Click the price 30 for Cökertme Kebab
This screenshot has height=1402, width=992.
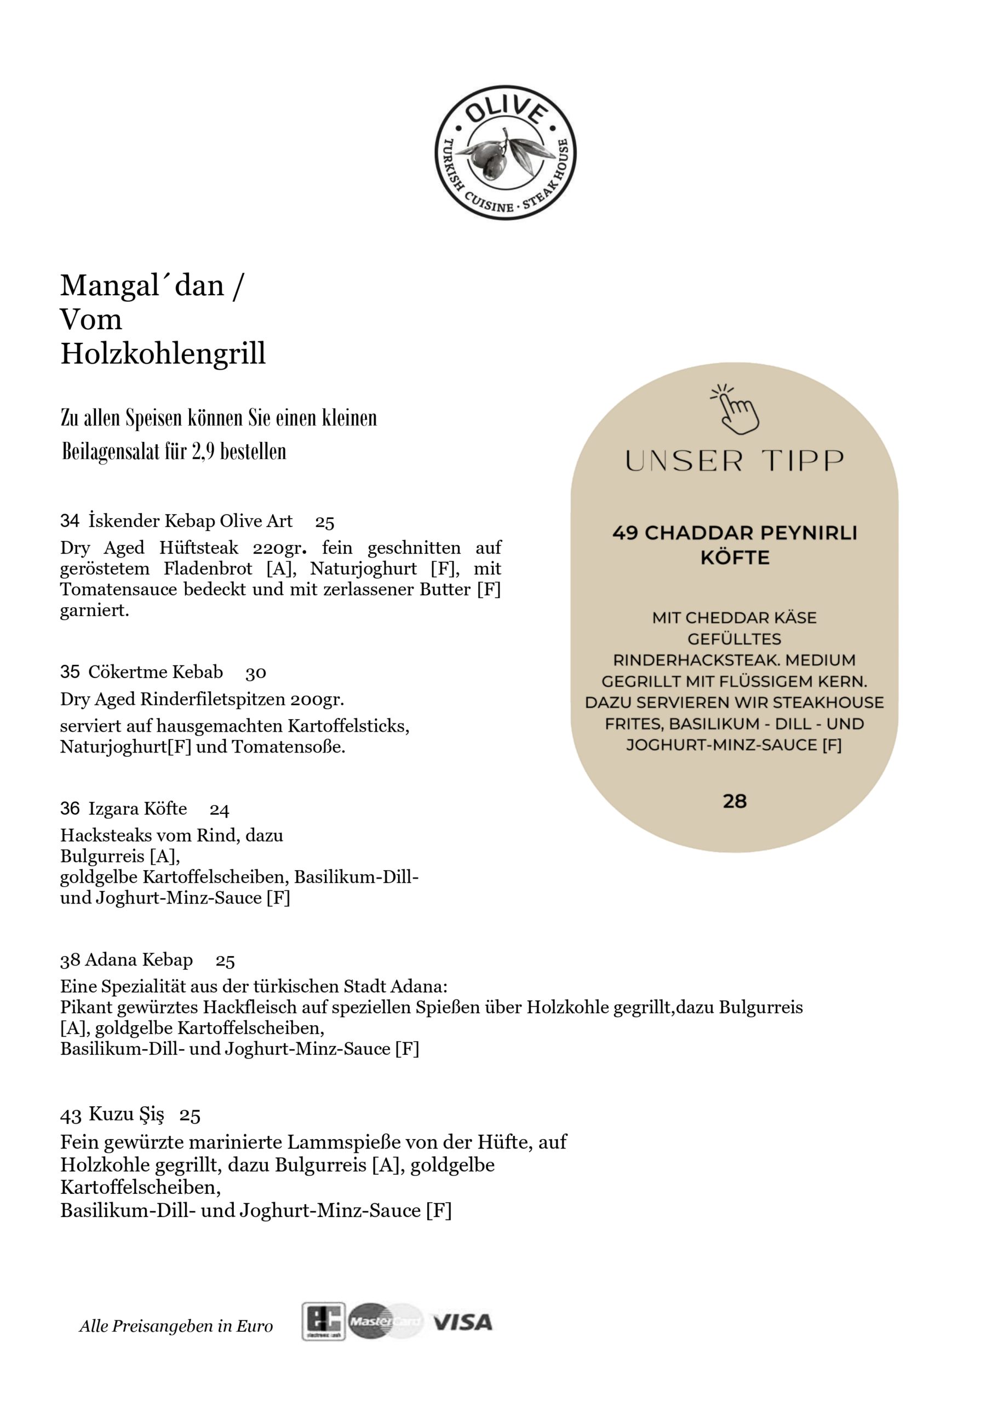(256, 673)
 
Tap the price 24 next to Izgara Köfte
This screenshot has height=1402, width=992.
(219, 811)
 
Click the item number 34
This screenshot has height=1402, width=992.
(70, 521)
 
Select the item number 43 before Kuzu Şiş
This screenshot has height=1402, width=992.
(71, 1116)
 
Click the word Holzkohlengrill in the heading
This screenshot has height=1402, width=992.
(163, 354)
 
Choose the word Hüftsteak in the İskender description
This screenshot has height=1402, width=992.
(198, 548)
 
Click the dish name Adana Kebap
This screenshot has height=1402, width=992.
(139, 960)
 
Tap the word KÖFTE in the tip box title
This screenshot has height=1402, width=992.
(735, 558)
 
